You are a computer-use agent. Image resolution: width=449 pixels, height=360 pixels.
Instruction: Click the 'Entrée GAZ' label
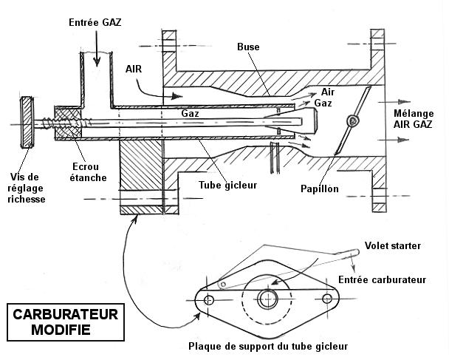[95, 22]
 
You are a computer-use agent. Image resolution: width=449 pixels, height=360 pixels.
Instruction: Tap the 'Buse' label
[248, 47]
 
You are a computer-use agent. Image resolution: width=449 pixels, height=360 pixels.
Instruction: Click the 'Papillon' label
[320, 189]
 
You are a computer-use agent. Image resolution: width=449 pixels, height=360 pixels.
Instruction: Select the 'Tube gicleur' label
[228, 185]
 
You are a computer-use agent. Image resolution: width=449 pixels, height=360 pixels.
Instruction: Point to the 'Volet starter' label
[393, 245]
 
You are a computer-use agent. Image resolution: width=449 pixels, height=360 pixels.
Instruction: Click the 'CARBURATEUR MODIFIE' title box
[66, 322]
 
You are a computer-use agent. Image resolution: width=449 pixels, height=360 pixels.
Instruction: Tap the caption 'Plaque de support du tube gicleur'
[268, 346]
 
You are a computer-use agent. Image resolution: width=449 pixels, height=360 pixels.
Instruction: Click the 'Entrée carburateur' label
[383, 279]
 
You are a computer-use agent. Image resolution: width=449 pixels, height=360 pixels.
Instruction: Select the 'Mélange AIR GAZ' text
[414, 119]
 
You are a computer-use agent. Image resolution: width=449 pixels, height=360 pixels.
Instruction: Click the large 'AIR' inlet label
[134, 69]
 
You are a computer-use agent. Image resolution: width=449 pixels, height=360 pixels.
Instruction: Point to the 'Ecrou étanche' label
[88, 172]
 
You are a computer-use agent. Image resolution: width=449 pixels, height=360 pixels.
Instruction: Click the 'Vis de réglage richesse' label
[26, 188]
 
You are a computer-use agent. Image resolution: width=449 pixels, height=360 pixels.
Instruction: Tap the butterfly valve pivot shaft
[352, 120]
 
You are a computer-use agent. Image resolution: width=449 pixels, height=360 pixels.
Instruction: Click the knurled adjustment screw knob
[27, 123]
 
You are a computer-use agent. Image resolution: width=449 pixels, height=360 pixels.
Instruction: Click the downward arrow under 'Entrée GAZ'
[97, 49]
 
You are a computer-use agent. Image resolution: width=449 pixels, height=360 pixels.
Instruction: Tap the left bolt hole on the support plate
[208, 300]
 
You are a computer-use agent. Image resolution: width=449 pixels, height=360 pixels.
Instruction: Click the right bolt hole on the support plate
[327, 299]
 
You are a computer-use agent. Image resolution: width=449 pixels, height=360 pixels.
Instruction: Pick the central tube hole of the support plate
[267, 299]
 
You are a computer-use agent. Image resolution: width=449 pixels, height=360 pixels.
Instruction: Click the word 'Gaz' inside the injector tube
[190, 114]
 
